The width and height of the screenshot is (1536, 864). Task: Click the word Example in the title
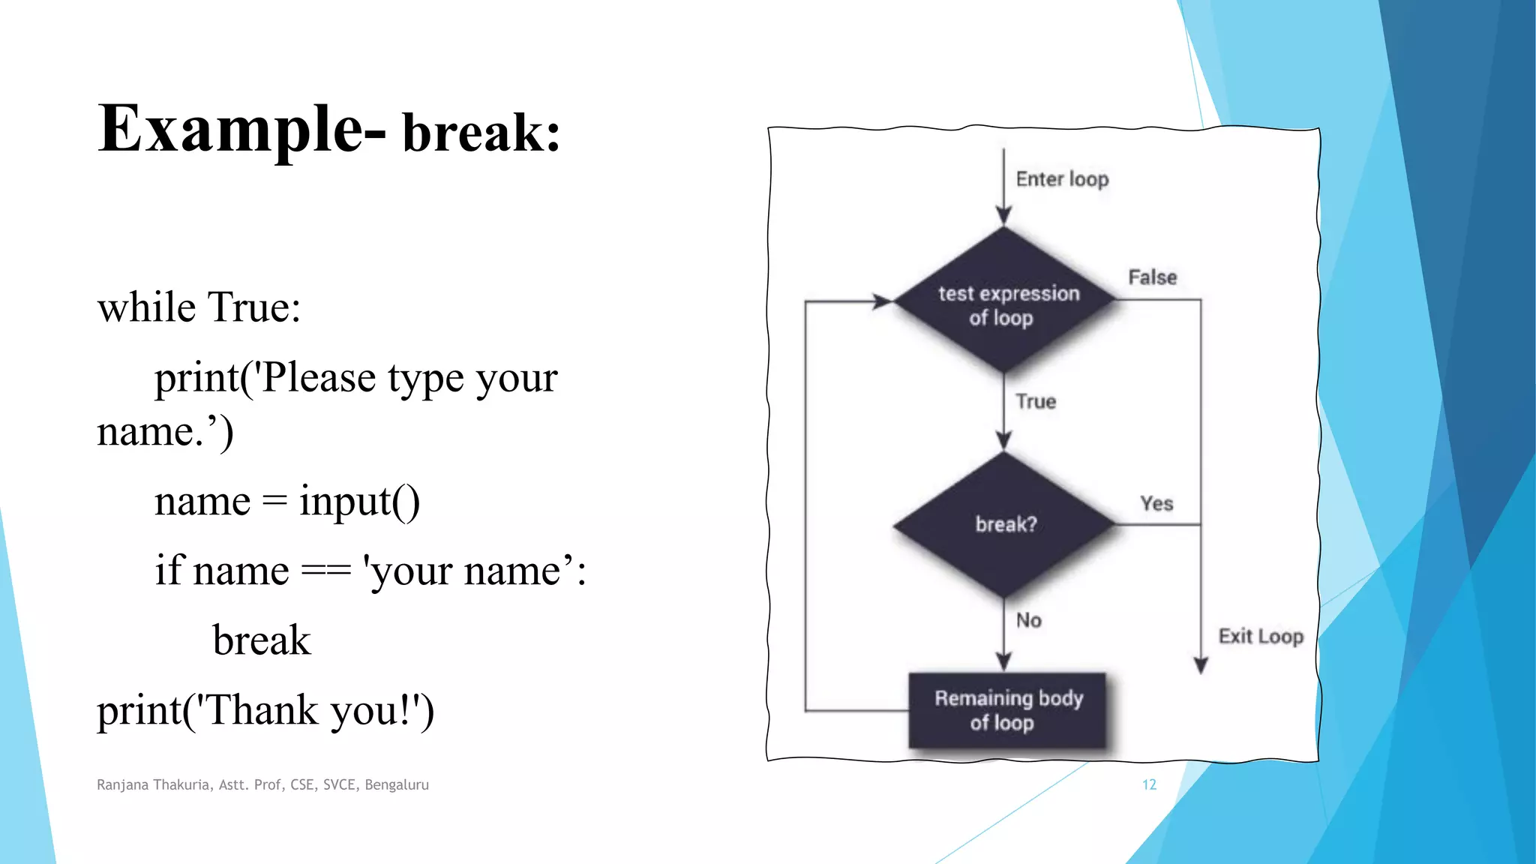click(231, 129)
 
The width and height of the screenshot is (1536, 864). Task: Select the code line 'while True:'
click(199, 307)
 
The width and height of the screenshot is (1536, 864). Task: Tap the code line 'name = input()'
click(286, 501)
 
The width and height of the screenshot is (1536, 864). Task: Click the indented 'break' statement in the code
click(261, 640)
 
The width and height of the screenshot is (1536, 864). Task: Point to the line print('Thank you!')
click(265, 710)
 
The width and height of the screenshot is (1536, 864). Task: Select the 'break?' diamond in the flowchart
click(1004, 524)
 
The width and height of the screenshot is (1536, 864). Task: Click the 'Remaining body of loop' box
click(1007, 710)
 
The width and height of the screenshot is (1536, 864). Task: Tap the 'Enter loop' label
click(1062, 179)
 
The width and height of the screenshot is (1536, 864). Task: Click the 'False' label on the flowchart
click(1152, 277)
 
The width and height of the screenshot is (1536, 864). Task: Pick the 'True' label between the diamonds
click(1036, 401)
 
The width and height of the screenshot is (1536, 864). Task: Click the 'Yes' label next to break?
click(1156, 503)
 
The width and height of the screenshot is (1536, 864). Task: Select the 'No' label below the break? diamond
click(1028, 620)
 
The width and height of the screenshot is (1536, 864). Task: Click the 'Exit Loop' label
click(1260, 636)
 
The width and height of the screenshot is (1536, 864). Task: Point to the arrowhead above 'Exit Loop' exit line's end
click(1201, 665)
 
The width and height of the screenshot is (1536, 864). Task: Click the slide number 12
click(1149, 784)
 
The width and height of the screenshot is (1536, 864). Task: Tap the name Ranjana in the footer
click(122, 784)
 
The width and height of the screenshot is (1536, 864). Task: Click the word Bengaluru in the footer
click(397, 784)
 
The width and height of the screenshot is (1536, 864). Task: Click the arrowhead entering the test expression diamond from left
click(883, 301)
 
